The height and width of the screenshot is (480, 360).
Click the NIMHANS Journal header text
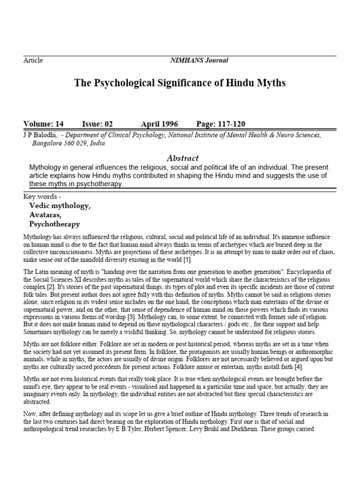click(199, 60)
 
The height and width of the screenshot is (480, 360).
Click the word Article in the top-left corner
click(33, 60)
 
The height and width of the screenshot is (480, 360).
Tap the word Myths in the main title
click(270, 83)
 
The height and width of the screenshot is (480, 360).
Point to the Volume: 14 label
click(43, 124)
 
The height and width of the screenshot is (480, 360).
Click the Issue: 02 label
click(97, 124)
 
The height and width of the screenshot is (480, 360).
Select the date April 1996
click(160, 124)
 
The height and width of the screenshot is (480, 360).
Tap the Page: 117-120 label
click(221, 124)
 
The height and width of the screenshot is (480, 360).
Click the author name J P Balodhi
click(40, 135)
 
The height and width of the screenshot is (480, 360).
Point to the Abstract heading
click(183, 158)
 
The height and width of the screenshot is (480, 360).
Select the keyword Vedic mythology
click(60, 206)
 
